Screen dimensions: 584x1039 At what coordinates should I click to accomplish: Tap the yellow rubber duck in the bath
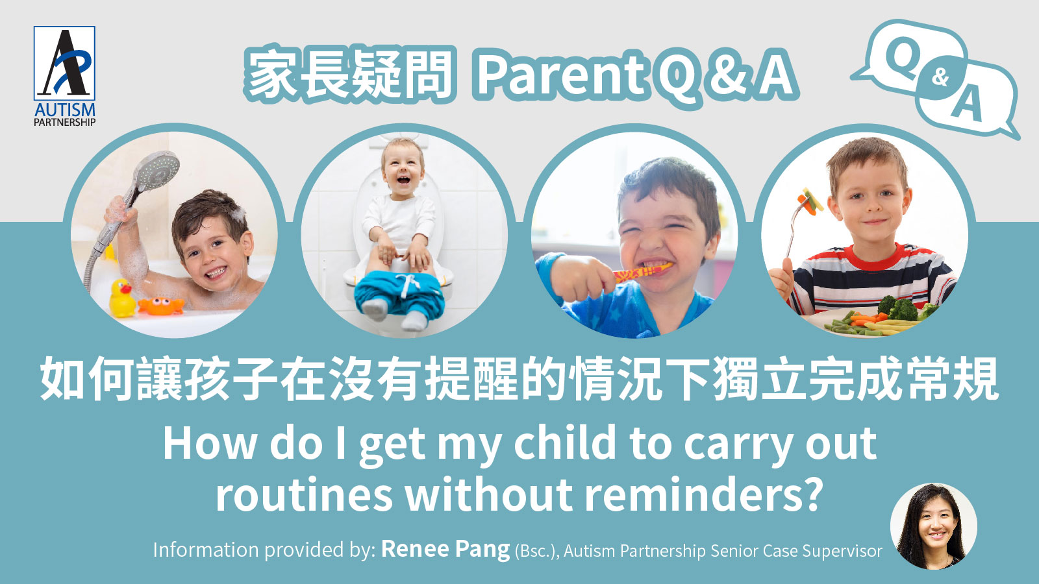(121, 298)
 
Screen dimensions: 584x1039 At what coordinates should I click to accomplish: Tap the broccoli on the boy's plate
(899, 308)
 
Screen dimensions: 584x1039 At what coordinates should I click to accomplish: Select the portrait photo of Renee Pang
(933, 526)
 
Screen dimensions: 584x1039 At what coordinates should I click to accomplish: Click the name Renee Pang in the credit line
(445, 550)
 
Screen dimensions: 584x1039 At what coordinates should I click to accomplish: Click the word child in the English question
(565, 444)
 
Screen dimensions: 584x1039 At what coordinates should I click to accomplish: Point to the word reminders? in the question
(704, 494)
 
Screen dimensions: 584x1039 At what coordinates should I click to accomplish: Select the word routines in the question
(304, 494)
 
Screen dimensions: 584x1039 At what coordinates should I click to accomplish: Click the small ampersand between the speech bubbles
(940, 78)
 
